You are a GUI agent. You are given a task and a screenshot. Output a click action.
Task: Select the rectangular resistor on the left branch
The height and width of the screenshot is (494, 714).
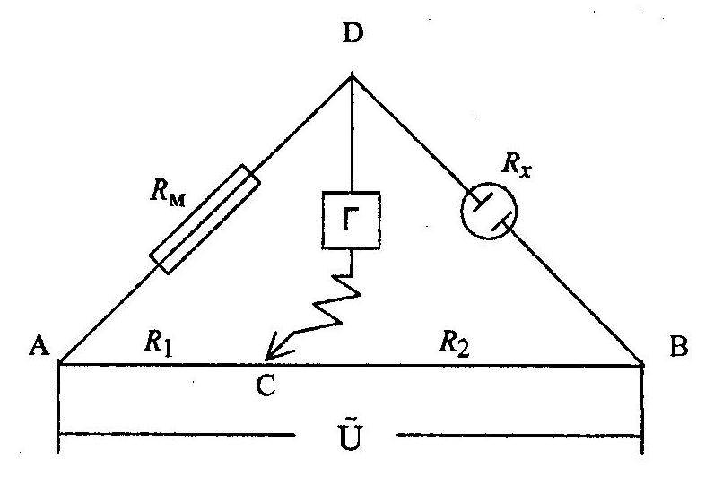coord(206,218)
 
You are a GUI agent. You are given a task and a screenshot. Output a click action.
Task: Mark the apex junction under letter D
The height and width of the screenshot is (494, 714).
coord(352,77)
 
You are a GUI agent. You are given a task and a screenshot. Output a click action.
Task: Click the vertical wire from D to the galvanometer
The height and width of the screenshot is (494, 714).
coord(352,134)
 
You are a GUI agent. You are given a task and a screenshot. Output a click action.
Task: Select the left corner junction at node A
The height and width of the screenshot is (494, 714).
coord(60,363)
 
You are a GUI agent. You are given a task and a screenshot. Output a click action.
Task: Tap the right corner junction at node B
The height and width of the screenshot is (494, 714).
coord(643,363)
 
